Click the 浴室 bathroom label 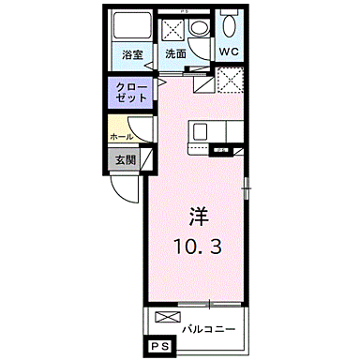pyautogui.click(x=131, y=54)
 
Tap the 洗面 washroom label pyautogui.click(x=176, y=54)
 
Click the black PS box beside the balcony pyautogui.click(x=157, y=348)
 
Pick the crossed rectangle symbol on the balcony pyautogui.click(x=166, y=319)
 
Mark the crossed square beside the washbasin pyautogui.click(x=174, y=28)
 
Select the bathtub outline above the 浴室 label pyautogui.click(x=130, y=25)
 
